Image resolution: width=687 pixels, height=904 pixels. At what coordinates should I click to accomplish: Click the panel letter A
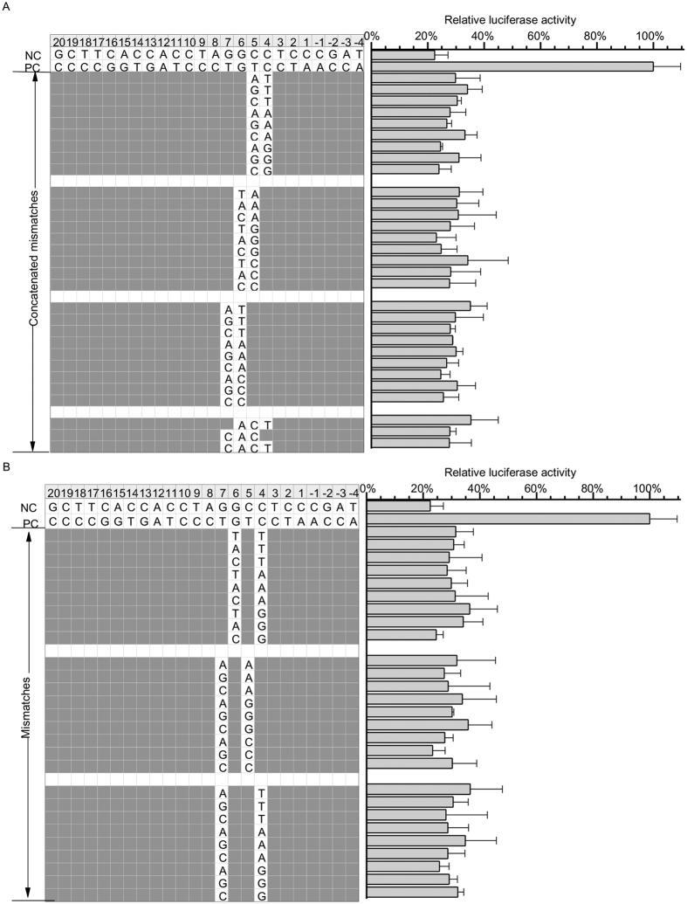[x=7, y=6]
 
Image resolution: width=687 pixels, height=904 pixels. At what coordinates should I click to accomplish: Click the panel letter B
[x=7, y=467]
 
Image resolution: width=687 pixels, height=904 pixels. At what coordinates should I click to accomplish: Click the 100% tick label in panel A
[x=651, y=36]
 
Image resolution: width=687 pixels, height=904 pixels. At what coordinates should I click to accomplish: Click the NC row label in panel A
[x=33, y=54]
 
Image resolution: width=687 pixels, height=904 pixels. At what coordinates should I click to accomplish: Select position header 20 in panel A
[x=58, y=41]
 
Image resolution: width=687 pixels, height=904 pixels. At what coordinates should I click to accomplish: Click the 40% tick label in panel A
[x=483, y=36]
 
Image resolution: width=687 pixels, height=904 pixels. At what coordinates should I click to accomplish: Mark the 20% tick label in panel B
[x=423, y=487]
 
